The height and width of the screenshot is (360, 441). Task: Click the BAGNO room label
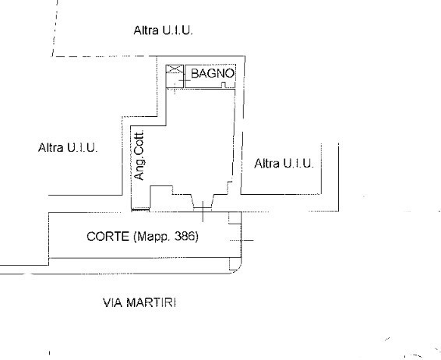[213, 73]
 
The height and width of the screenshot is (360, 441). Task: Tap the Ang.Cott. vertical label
[139, 155]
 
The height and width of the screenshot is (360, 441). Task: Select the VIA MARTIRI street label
[139, 303]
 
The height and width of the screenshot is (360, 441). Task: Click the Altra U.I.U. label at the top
[163, 30]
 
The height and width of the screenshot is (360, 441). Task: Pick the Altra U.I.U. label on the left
[68, 147]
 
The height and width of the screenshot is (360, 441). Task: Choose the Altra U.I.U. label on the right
[284, 164]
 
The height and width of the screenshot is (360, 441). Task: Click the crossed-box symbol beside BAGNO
[175, 69]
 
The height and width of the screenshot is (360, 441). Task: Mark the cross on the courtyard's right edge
[242, 240]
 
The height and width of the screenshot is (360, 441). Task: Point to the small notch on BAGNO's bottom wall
[224, 85]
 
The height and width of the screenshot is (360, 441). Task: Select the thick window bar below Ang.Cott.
[140, 210]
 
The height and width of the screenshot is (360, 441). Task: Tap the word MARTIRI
[152, 303]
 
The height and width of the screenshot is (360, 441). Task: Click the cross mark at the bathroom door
[185, 81]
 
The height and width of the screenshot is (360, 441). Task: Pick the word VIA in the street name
[113, 303]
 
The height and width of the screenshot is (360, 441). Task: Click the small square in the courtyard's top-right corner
[235, 218]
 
